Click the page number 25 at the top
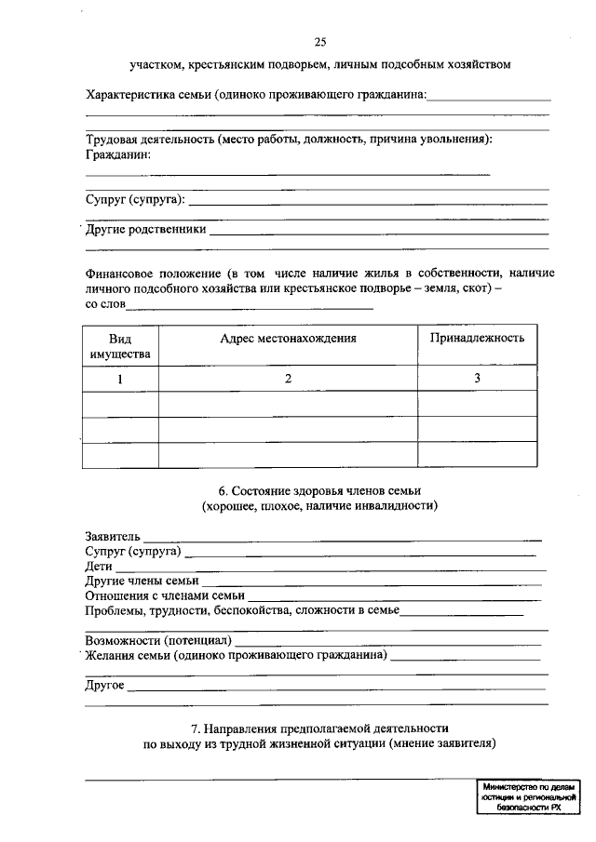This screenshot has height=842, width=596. (x=320, y=42)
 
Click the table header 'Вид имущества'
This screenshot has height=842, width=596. (x=120, y=346)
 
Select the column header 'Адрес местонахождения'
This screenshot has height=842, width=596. (x=289, y=339)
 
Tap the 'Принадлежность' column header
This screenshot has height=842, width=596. (x=477, y=338)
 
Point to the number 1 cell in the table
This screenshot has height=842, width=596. (x=120, y=379)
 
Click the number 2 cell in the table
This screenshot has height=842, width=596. (x=289, y=379)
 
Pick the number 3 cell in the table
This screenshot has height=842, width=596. (x=477, y=378)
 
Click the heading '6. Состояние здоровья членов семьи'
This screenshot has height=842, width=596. (x=319, y=489)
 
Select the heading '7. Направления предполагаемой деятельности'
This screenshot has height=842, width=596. (x=319, y=728)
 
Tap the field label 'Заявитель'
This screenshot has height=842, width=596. (x=113, y=536)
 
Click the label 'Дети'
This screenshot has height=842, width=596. (x=99, y=566)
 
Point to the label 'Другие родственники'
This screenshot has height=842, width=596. (x=145, y=229)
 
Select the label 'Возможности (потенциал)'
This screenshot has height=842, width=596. (x=157, y=640)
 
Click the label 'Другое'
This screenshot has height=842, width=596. (x=105, y=685)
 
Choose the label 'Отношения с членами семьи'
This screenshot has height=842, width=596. (x=165, y=595)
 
